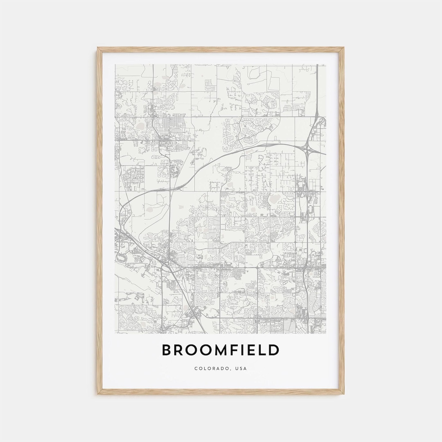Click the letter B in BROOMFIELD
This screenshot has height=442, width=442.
tap(167, 350)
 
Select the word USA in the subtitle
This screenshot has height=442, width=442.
tap(241, 368)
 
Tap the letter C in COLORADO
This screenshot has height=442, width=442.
tap(196, 368)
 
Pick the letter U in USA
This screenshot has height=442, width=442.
tap(237, 368)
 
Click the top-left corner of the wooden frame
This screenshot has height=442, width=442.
tap(98, 48)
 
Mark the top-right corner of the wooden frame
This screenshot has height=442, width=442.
tap(343, 48)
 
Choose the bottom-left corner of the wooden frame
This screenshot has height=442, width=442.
tap(98, 394)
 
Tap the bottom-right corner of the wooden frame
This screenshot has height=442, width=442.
tap(343, 394)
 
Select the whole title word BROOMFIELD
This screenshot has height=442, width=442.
tap(221, 350)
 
